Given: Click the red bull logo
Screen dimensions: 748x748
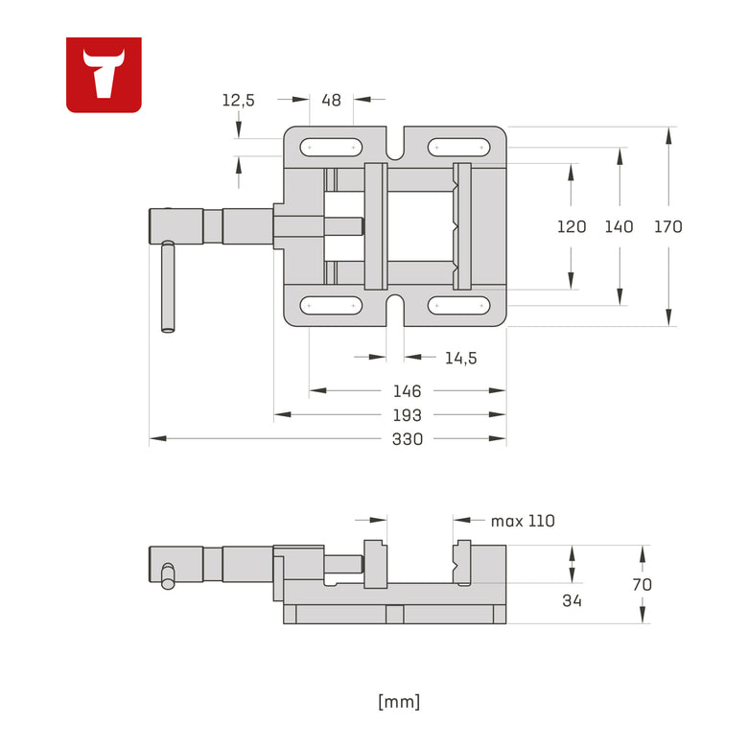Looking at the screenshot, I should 104,75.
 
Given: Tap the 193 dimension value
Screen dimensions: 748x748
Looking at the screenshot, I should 408,415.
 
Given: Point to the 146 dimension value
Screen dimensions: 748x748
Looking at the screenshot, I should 408,391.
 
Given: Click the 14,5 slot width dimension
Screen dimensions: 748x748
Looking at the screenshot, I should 460,358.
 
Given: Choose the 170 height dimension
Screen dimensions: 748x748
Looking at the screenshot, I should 667,227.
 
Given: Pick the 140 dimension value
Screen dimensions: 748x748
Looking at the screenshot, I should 619,227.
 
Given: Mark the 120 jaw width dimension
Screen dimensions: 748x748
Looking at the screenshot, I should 572,227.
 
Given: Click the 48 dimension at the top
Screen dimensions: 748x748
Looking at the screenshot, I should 331,100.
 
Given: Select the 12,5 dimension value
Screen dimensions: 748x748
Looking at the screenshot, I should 238,100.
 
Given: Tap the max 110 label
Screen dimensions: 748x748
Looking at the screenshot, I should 523,521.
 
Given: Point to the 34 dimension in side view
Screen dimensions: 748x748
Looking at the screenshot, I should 572,600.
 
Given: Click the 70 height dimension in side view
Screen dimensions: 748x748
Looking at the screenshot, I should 643,584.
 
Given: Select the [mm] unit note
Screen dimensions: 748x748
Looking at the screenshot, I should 399,701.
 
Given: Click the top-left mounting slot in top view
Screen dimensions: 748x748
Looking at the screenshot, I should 331,148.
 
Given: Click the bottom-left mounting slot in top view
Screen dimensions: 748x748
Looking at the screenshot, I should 331,306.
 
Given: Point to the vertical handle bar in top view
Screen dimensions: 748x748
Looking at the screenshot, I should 168,287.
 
